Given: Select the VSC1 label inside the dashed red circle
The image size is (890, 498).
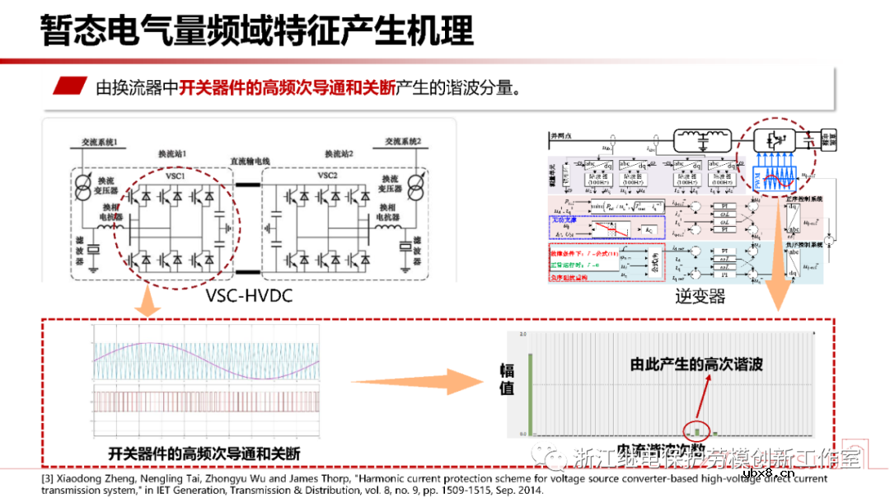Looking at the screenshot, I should (x=175, y=175).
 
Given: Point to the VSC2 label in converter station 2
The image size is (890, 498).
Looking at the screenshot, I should (x=327, y=175).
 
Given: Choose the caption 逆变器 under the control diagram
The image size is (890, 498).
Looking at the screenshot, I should (x=700, y=296).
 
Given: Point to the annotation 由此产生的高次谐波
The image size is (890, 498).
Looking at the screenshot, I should (x=696, y=364).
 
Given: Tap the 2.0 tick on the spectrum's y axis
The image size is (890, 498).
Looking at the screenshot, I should (x=522, y=336).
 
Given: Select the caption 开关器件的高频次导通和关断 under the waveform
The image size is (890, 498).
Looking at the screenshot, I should (x=204, y=453).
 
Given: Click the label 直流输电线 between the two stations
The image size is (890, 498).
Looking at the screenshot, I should (x=251, y=162).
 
